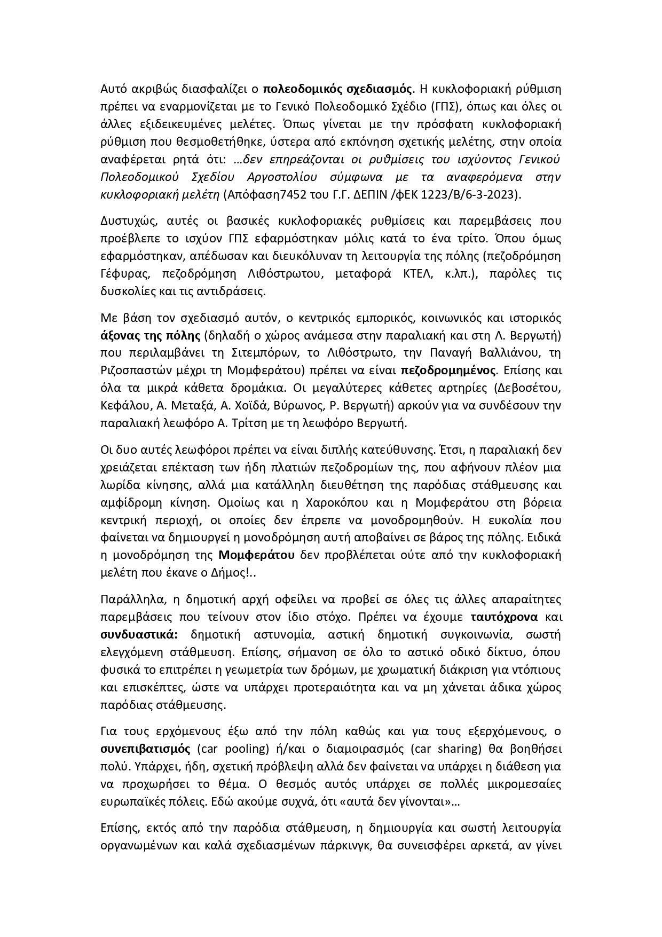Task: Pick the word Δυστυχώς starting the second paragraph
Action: (126, 221)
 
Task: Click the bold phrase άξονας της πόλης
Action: (150, 336)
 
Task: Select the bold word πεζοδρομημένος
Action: (449, 371)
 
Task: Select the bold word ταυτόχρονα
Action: (504, 617)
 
